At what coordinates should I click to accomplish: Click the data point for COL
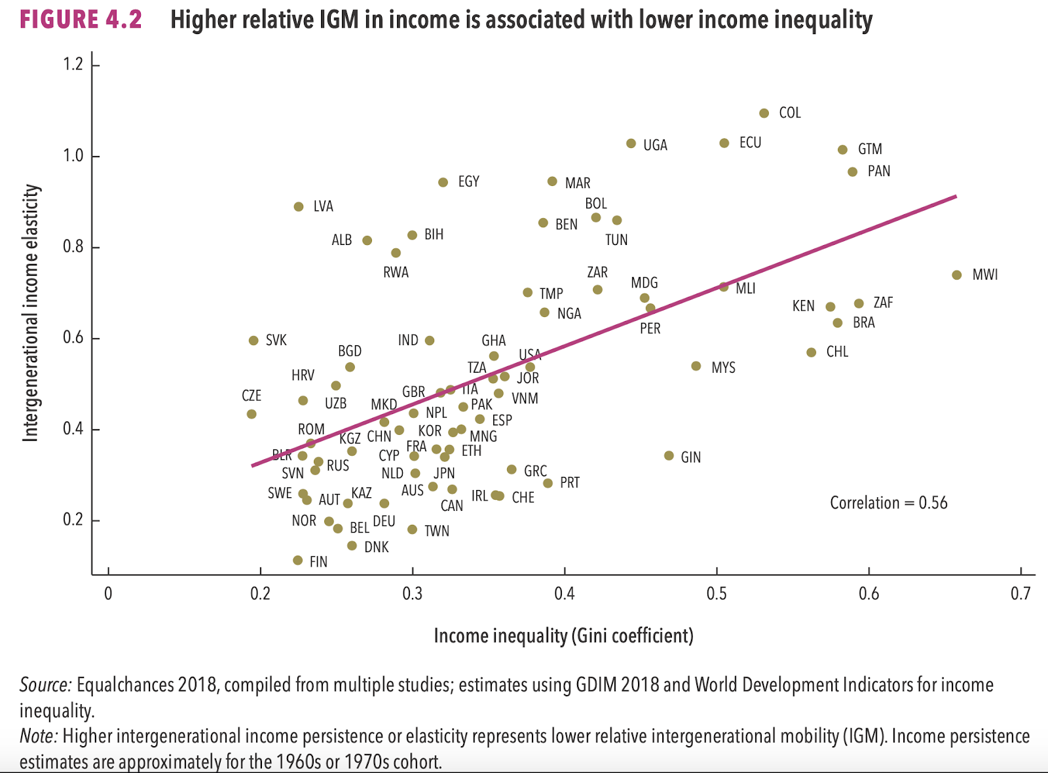(x=764, y=113)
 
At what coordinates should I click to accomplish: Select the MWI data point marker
(x=957, y=275)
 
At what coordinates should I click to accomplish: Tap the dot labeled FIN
(x=298, y=561)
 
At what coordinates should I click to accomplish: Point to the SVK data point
(x=253, y=341)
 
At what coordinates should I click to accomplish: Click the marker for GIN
(x=669, y=456)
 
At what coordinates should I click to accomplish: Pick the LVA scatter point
(x=299, y=207)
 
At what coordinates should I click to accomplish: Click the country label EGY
(x=468, y=181)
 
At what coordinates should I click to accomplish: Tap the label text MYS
(x=723, y=368)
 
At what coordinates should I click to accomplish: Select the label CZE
(x=252, y=396)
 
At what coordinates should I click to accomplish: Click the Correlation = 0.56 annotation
(x=888, y=503)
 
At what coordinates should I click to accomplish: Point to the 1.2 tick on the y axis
(x=73, y=64)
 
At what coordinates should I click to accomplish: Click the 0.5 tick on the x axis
(x=717, y=594)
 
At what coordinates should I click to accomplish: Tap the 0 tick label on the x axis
(x=108, y=594)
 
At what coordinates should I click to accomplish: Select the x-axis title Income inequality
(x=563, y=635)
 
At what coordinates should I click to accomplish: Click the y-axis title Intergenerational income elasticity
(x=30, y=313)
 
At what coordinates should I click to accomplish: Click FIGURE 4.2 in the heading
(x=81, y=20)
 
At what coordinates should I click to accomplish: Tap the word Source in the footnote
(x=45, y=685)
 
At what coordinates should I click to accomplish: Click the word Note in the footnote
(x=39, y=736)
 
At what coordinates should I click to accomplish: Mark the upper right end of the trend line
(x=956, y=196)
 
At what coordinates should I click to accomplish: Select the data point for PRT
(x=548, y=483)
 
